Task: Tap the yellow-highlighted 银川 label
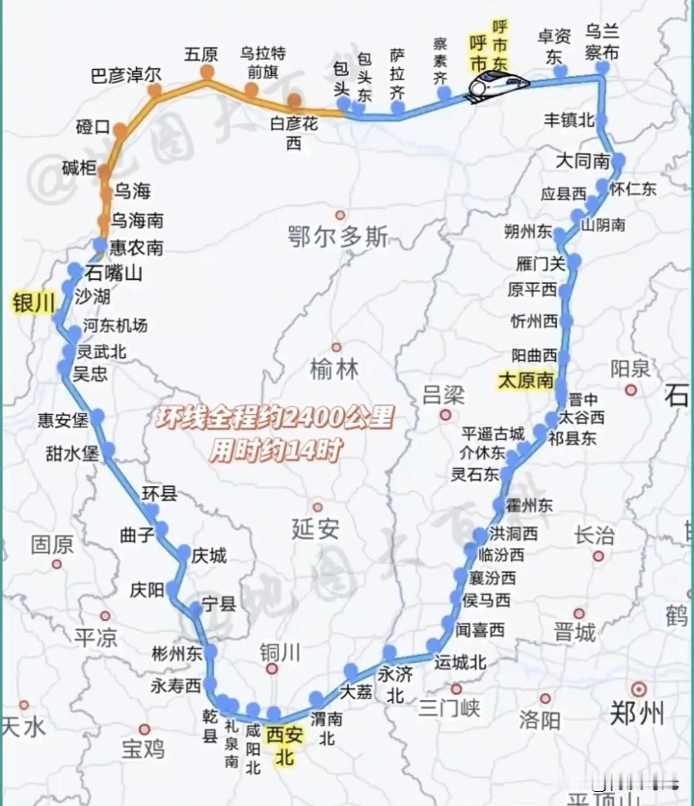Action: point(34,303)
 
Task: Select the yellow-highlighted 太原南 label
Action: point(525,380)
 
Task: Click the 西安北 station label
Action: point(284,745)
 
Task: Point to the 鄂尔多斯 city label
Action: point(338,237)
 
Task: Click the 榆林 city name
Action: point(334,370)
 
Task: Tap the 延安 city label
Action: point(316,529)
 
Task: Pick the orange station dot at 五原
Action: point(207,71)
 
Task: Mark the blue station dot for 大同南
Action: point(618,160)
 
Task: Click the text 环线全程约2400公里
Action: point(275,418)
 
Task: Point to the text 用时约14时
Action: point(276,450)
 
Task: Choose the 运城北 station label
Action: point(460,662)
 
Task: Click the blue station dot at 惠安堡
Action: point(98,417)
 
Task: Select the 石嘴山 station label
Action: point(113,272)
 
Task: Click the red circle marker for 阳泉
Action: point(631,390)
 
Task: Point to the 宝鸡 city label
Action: point(143,749)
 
